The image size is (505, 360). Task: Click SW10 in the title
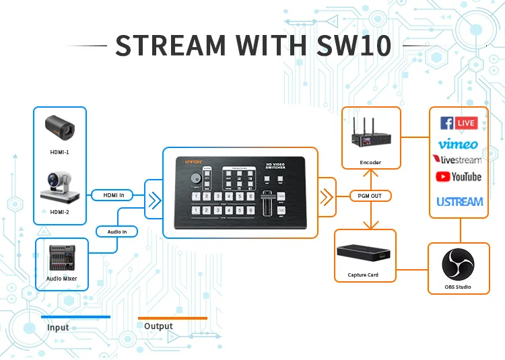[x=354, y=44]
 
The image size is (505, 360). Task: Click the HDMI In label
[x=112, y=195]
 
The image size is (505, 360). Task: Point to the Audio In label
[x=122, y=231]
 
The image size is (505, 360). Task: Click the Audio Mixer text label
[x=61, y=279]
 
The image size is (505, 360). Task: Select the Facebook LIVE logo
[x=459, y=123]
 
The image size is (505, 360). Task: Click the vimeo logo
[x=458, y=143]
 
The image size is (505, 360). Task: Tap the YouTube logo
[x=459, y=177]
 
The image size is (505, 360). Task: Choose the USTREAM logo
[x=459, y=201]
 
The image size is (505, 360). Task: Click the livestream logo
[x=458, y=160]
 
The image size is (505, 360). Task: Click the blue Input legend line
[x=75, y=316]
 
